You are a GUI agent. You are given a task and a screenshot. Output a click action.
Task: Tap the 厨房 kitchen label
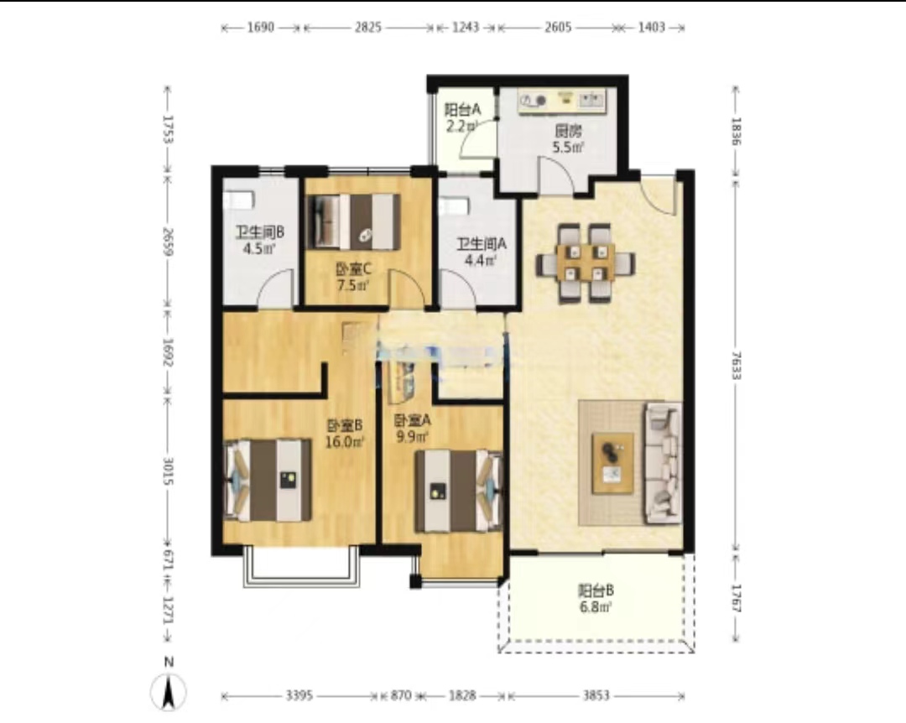point(569,139)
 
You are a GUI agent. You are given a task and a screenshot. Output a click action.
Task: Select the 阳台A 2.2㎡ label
point(462,118)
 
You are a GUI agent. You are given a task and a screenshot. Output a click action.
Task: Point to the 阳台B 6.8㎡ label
point(596,599)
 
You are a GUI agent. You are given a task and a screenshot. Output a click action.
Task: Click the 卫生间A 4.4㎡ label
point(482,252)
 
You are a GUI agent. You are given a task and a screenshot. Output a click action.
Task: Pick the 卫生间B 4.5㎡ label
point(259,241)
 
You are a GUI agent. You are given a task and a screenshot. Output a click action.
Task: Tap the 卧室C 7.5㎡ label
point(353,277)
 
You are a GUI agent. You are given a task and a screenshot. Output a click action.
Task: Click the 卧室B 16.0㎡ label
point(345,434)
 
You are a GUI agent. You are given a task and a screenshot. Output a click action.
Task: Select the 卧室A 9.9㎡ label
point(412,429)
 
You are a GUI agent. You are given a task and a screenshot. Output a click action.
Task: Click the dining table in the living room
point(586,263)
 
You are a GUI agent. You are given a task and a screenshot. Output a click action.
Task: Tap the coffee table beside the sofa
point(613,463)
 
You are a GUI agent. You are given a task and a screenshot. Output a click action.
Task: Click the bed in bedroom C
point(353,222)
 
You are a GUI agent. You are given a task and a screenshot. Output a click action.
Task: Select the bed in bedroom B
point(268,481)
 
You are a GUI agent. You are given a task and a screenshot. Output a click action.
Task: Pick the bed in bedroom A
point(459,491)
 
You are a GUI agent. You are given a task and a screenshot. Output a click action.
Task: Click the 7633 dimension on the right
point(736,365)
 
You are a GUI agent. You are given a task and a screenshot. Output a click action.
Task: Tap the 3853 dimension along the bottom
point(595,695)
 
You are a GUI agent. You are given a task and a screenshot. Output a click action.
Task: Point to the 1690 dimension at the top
point(261,27)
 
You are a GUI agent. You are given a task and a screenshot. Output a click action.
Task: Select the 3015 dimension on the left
point(168,471)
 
